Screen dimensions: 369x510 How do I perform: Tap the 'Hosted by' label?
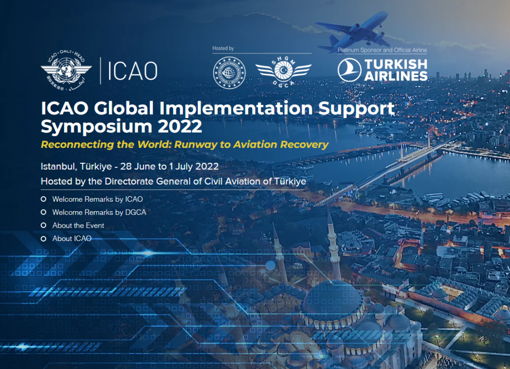(x=223, y=48)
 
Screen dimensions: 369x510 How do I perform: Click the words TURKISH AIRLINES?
(x=395, y=70)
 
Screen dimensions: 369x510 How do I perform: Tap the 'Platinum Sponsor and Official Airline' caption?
(x=382, y=50)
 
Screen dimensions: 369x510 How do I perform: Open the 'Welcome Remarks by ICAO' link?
(x=98, y=199)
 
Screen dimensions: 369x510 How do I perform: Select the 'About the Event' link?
(x=78, y=226)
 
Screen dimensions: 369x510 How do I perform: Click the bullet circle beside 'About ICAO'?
(x=43, y=239)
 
